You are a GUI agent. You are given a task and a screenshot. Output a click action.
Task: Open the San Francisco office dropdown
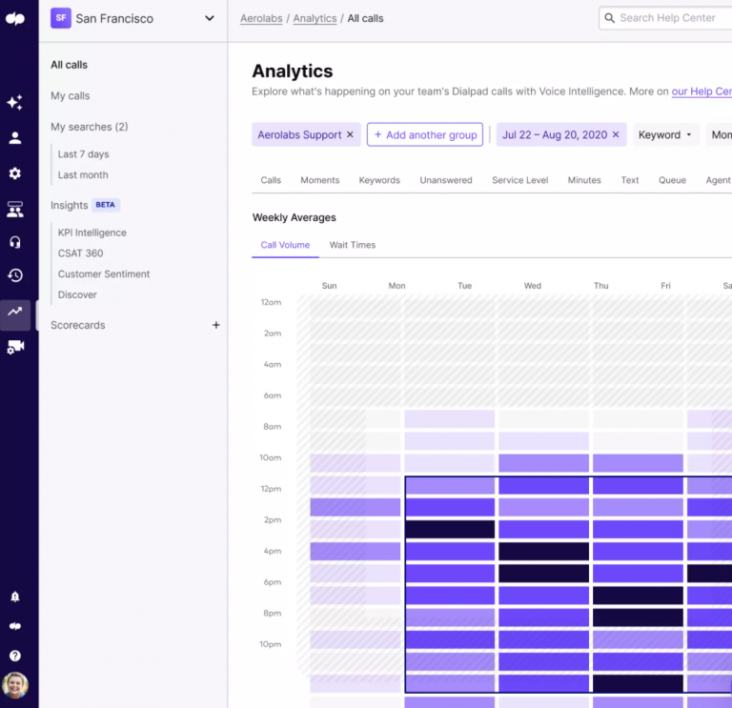click(209, 18)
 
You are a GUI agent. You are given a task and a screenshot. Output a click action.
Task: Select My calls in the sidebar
click(71, 96)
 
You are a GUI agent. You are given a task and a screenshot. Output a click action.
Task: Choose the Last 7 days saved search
click(83, 154)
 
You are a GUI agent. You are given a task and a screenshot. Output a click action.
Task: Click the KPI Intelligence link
click(91, 233)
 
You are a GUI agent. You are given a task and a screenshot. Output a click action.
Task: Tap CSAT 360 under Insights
click(80, 253)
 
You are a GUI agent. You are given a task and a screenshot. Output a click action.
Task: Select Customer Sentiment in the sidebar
click(103, 274)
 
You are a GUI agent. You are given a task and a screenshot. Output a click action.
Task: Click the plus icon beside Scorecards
click(215, 325)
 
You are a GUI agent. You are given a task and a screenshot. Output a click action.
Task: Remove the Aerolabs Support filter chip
click(350, 135)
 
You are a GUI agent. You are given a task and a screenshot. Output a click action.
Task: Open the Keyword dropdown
click(665, 135)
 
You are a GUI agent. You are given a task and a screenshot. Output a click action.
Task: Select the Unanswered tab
click(445, 180)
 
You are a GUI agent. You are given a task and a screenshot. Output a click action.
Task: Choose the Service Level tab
click(519, 180)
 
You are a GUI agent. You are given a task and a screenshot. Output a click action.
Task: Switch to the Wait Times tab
click(352, 245)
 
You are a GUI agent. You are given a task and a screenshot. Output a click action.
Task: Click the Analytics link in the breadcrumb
click(315, 18)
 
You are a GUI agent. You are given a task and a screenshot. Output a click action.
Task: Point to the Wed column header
click(532, 286)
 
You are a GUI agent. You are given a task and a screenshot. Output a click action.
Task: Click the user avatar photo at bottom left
click(15, 685)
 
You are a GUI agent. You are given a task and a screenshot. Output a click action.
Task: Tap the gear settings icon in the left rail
click(15, 173)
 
